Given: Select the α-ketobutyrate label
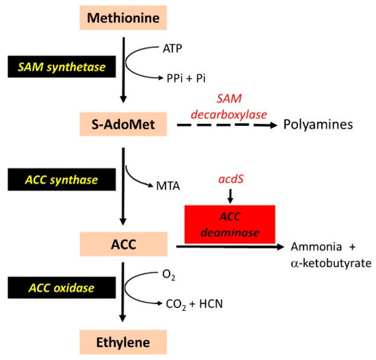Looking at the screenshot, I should click(x=327, y=263).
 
